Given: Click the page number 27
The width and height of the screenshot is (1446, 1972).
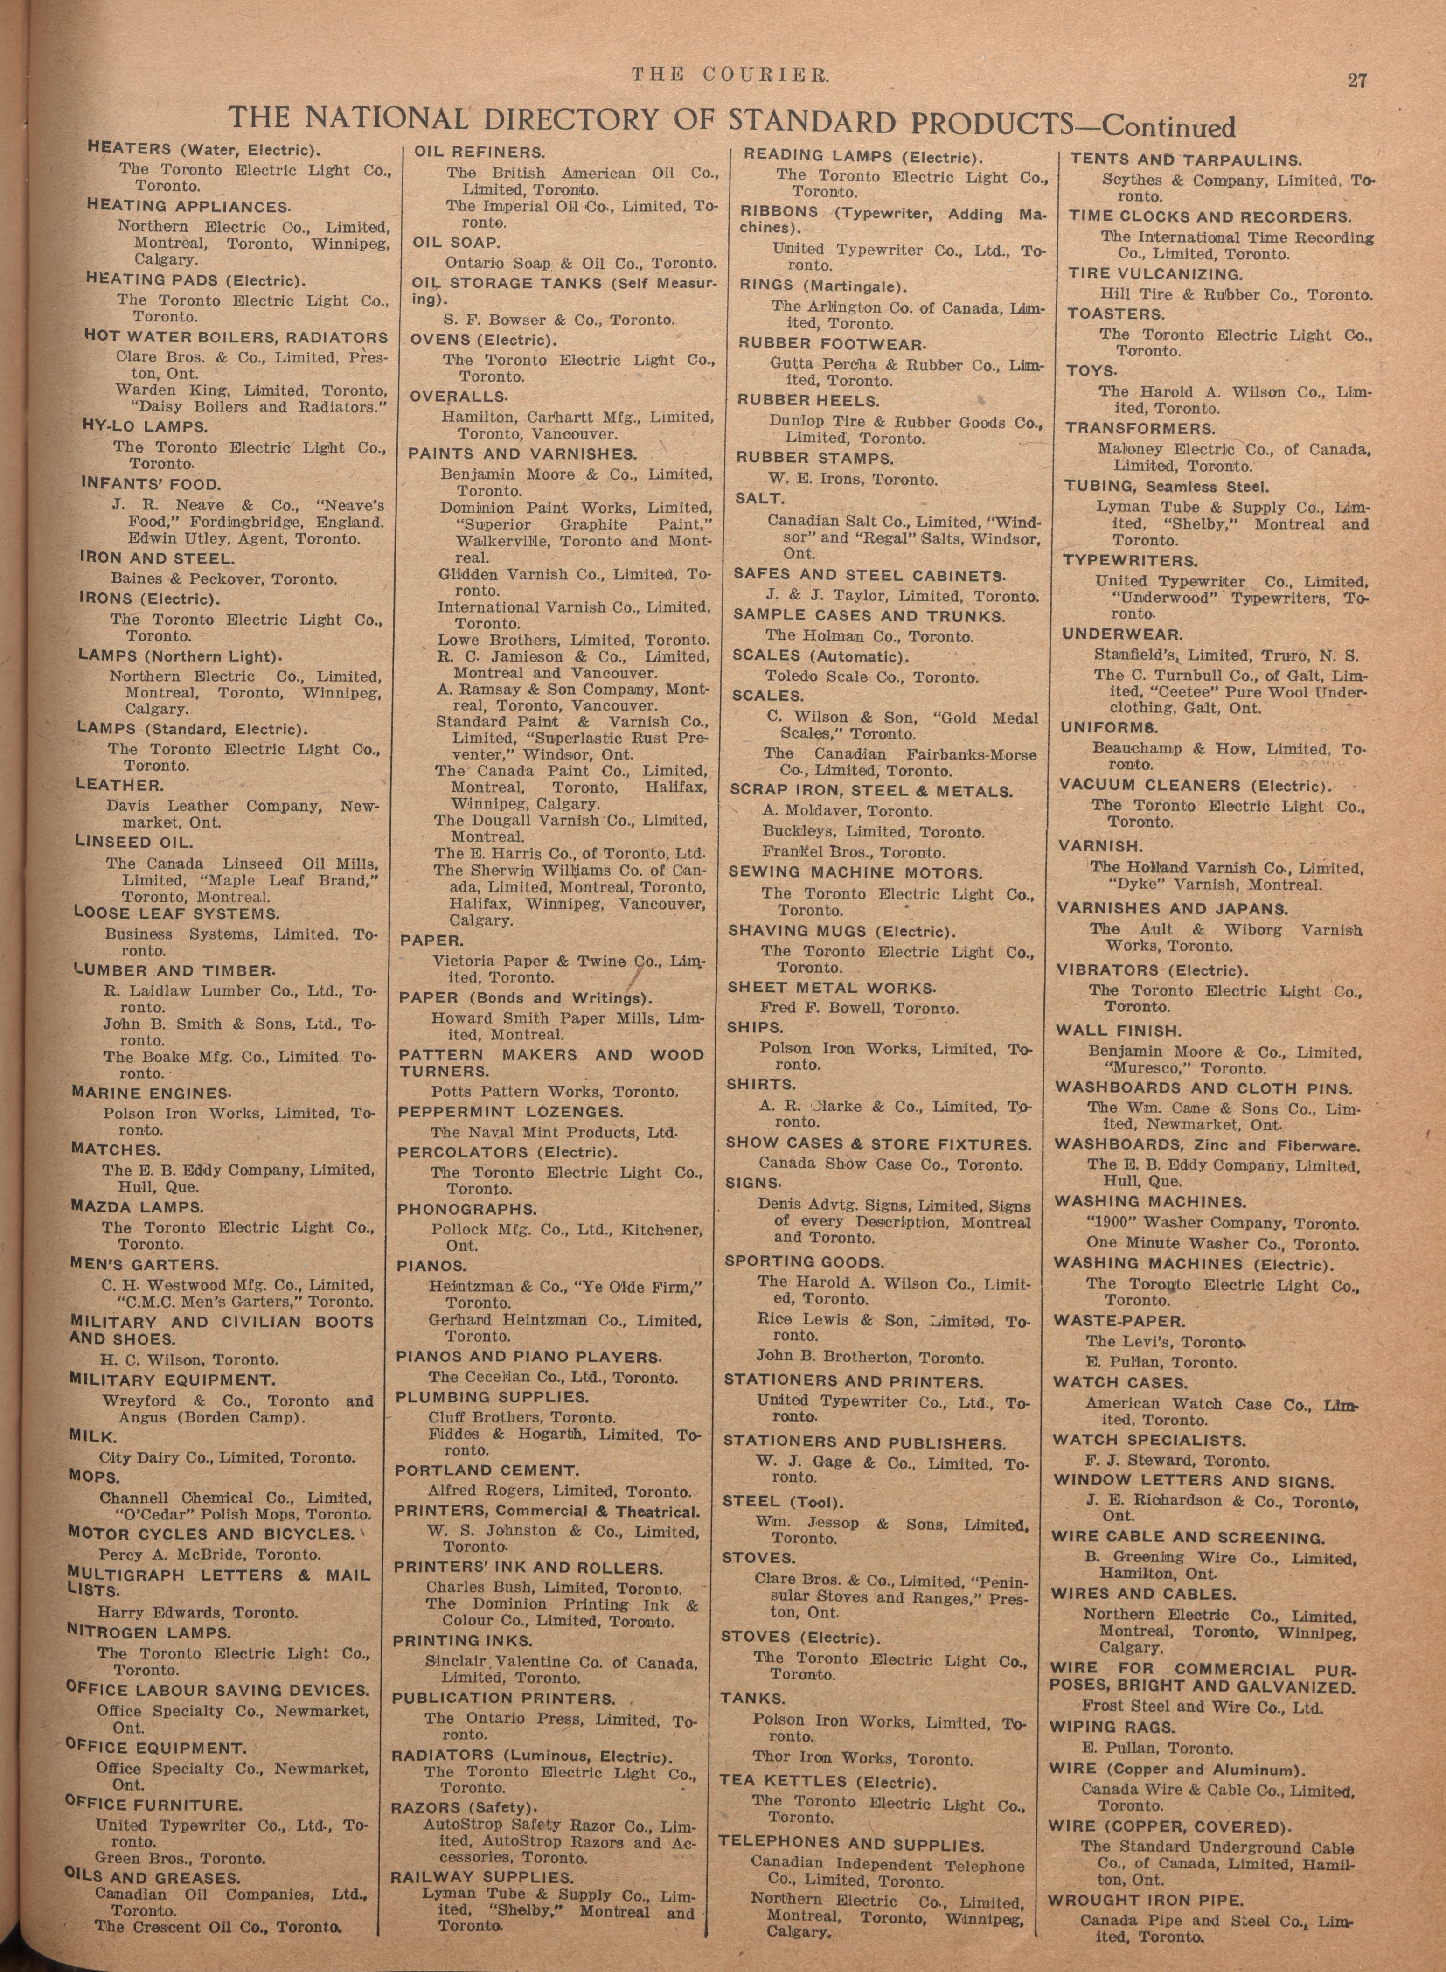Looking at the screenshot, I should pos(1357,81).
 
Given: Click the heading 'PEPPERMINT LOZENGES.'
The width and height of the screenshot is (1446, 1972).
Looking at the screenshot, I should pos(510,1112).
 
